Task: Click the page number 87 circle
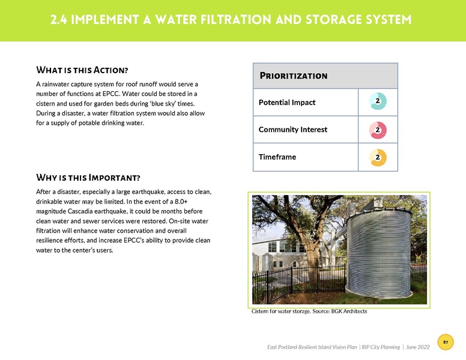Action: (x=445, y=342)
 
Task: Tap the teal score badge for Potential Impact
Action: (x=377, y=101)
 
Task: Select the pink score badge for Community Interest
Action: (x=377, y=130)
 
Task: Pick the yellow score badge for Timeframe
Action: (x=377, y=157)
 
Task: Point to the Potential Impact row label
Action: (x=286, y=103)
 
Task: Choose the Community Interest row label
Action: (x=292, y=130)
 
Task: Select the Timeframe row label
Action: (x=277, y=157)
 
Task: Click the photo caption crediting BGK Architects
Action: (x=309, y=311)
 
